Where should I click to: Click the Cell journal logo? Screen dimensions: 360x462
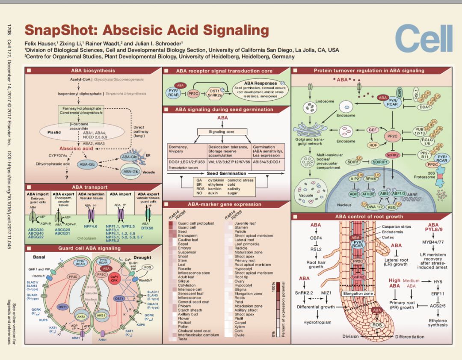pos(423,39)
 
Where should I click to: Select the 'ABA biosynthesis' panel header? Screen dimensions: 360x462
pos(93,71)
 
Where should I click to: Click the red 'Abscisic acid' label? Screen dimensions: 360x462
pos(76,149)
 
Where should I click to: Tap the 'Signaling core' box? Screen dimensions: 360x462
pos(222,132)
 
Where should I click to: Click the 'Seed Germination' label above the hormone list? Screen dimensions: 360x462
pos(227,173)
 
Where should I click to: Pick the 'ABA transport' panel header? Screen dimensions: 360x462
pos(90,187)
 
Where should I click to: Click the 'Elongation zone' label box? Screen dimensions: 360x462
pos(358,294)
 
